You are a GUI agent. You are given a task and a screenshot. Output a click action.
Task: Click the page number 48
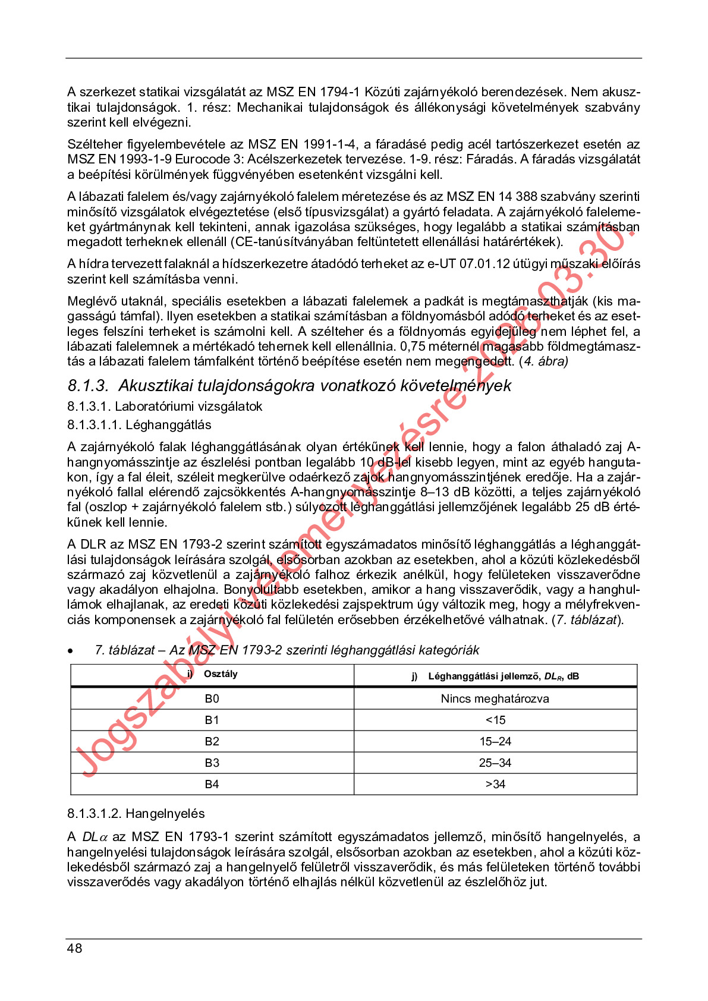pos(75,948)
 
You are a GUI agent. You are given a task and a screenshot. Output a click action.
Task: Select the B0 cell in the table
pos(212,698)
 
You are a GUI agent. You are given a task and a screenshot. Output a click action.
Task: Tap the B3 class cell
pos(212,763)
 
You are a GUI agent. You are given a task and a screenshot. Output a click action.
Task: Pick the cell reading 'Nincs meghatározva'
pos(495,698)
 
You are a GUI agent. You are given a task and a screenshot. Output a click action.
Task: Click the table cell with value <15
pos(495,720)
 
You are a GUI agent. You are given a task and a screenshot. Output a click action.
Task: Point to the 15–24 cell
pos(495,741)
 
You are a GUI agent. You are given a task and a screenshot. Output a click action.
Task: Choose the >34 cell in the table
pos(495,784)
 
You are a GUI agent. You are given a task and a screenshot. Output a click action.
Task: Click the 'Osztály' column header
pos(220,674)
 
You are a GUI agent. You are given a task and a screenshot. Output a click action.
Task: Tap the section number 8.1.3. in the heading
pos(88,386)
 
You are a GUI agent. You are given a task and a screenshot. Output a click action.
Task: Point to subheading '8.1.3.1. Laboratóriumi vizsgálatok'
pos(165,407)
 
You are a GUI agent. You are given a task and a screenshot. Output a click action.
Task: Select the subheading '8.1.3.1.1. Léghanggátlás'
pos(139,424)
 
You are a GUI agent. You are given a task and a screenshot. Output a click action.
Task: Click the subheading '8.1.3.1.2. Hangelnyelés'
pos(136,813)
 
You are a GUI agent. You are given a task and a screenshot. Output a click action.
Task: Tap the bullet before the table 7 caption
pos(71,651)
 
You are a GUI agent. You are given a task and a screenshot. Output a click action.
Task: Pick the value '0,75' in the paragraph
pos(413,347)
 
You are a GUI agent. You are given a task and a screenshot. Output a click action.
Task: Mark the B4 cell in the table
pos(212,784)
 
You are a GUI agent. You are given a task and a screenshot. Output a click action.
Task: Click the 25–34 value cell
pos(495,763)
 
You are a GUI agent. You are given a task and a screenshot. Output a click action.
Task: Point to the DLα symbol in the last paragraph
pos(95,837)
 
